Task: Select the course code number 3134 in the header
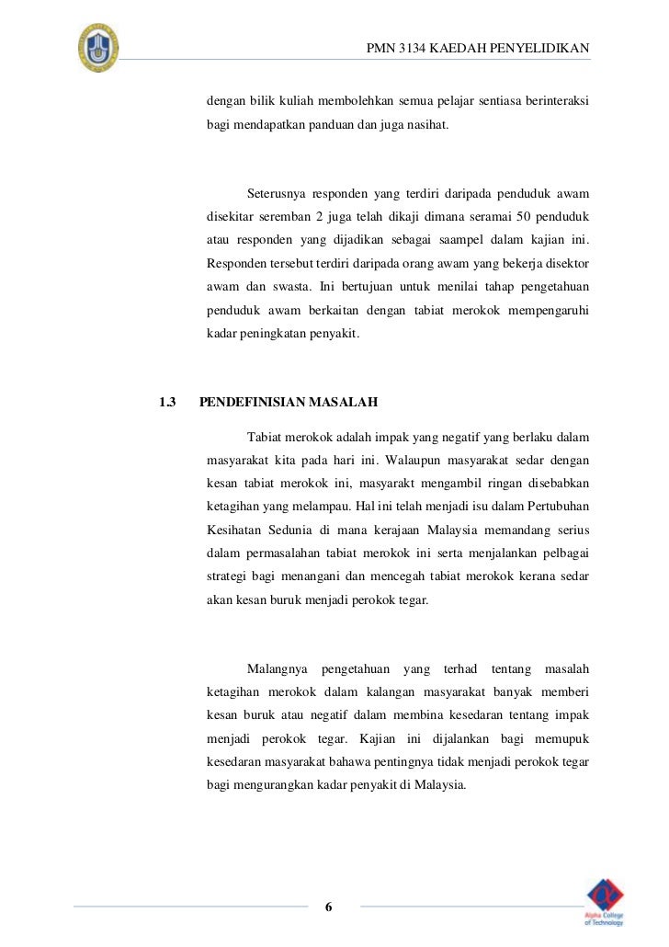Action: (413, 48)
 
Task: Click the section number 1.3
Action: (166, 402)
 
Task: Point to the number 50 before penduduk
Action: (519, 217)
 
